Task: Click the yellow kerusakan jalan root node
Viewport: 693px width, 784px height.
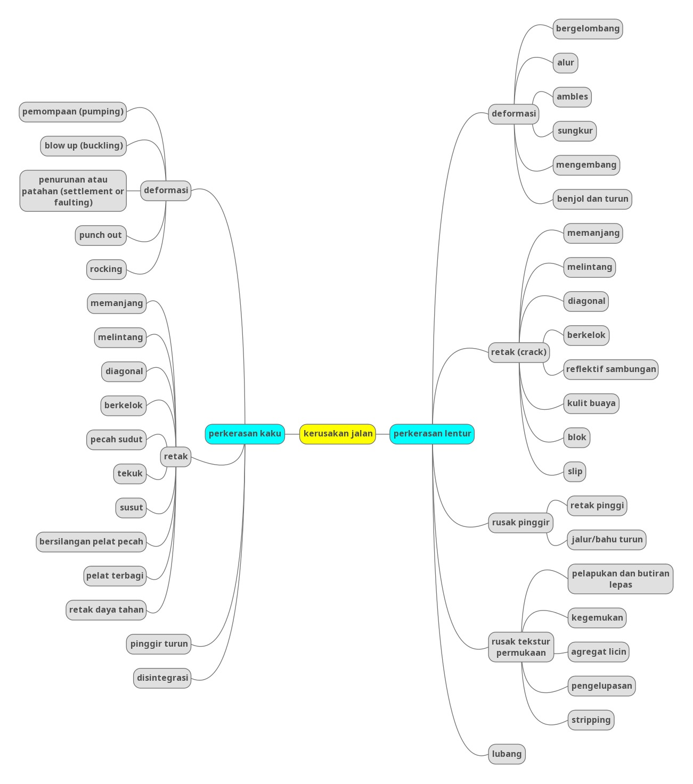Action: (x=338, y=434)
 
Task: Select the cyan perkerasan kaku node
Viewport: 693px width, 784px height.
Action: (x=245, y=434)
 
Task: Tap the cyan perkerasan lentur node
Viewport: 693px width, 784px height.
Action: (x=432, y=434)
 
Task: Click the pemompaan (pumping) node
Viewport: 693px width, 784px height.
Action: (x=73, y=112)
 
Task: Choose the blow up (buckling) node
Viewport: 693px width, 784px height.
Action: (x=84, y=146)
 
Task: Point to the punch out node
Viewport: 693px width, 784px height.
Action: (x=101, y=235)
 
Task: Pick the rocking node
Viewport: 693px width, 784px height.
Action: (x=106, y=269)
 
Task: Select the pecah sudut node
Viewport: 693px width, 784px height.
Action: (x=117, y=440)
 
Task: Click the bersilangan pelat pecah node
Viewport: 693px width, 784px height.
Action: (x=91, y=542)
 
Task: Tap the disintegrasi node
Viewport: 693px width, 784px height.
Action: (x=162, y=678)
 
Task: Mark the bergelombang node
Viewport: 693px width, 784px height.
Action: (x=588, y=29)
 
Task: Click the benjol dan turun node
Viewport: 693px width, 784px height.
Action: (x=592, y=199)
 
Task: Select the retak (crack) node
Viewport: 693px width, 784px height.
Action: (x=519, y=352)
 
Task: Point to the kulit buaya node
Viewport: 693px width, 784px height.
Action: (x=591, y=403)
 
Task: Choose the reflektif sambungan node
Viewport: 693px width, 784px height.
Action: (x=611, y=369)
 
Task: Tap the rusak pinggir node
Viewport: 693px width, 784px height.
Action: (x=520, y=523)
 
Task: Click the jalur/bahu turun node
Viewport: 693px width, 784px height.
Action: (x=607, y=540)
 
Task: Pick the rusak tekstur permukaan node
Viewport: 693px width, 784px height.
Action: (x=521, y=647)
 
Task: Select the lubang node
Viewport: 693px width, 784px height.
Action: (x=507, y=754)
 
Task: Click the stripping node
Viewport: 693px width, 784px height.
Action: (x=591, y=720)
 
